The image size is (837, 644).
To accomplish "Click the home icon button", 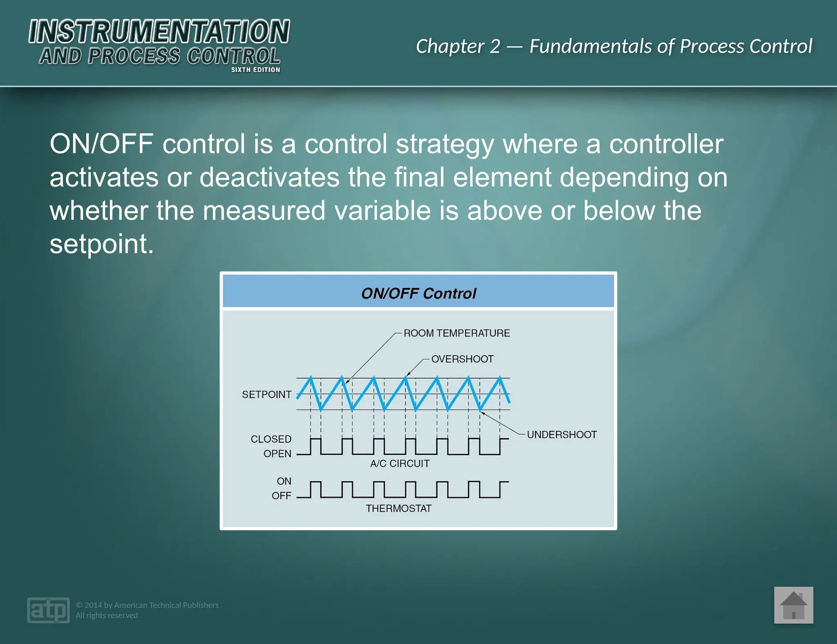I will (x=793, y=605).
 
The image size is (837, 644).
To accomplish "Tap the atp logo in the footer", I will (x=48, y=610).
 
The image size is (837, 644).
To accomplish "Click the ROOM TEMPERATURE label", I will (x=457, y=333).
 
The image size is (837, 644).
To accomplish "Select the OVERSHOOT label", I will (x=462, y=359).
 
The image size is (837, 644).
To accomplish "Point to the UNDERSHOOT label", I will (x=562, y=435).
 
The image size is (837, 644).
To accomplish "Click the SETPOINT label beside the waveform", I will (x=266, y=394).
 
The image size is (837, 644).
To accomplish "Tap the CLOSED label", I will (x=271, y=439).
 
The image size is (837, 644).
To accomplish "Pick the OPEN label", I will (x=277, y=454).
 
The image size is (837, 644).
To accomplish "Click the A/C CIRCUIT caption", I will (x=400, y=464).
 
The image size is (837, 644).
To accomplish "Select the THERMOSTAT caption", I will (x=398, y=508).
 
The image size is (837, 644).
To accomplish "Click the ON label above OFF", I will (x=284, y=481).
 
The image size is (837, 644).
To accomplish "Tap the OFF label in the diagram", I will (x=281, y=496).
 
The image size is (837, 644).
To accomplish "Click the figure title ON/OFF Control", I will (x=418, y=293).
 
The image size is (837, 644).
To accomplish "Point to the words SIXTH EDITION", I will (x=255, y=70).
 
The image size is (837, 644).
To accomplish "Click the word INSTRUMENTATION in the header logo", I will (x=159, y=32).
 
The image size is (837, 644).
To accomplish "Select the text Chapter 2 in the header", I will (x=458, y=46).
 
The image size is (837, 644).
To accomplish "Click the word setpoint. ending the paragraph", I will (x=101, y=244).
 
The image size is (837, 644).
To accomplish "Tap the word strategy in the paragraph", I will (x=445, y=144).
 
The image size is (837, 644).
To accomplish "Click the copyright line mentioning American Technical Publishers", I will (x=147, y=605).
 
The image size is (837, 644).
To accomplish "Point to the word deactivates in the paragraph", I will (x=269, y=177).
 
